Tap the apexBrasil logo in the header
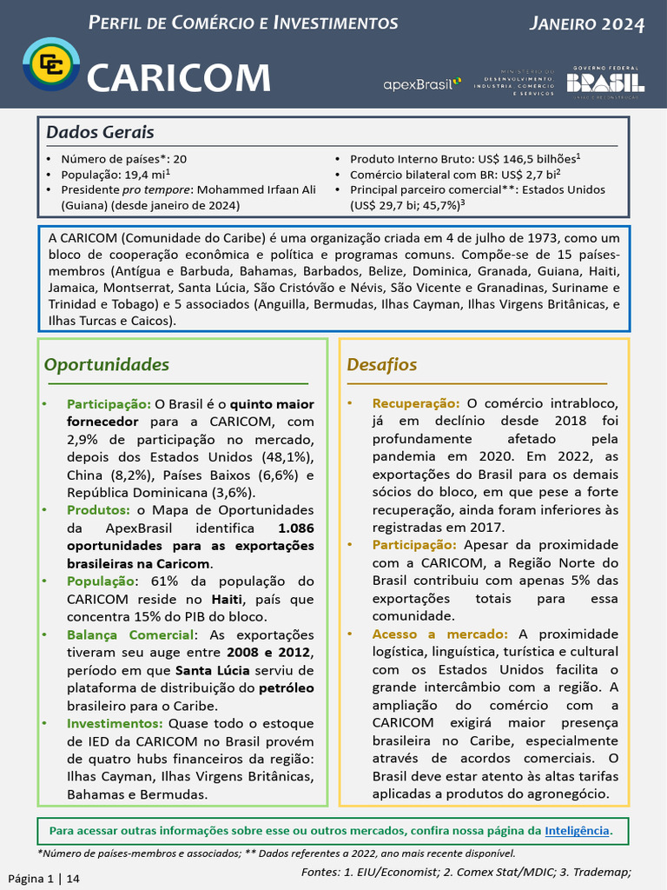pos(422,83)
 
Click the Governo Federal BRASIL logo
pos(605,82)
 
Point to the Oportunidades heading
pos(107,364)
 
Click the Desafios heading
pos(382,364)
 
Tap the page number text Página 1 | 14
pos(44,879)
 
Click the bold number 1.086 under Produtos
pos(296,528)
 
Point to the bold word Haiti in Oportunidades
pos(228,600)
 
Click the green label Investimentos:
pos(115,723)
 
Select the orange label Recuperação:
pos(416,403)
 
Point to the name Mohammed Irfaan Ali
pos(253,189)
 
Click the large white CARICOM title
pos(179,78)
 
